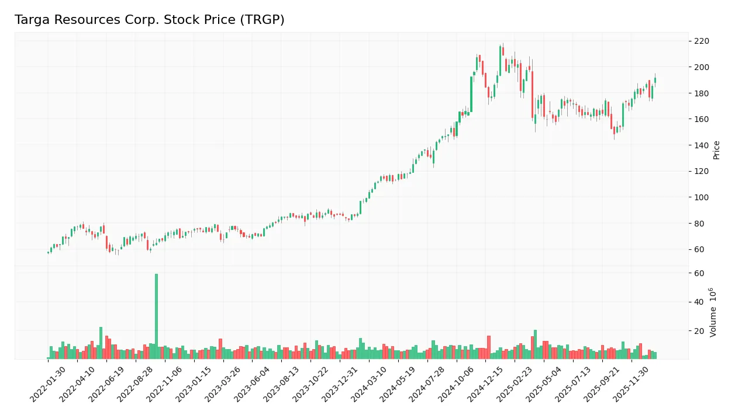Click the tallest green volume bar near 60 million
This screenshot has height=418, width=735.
pos(156,316)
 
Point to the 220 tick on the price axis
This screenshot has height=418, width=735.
pos(701,41)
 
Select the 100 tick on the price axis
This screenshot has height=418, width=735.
pos(701,197)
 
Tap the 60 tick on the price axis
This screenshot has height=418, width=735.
pos(699,249)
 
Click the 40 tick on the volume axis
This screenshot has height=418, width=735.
pos(699,302)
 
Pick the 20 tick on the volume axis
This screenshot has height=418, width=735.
pos(699,330)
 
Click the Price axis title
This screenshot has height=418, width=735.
pos(716,150)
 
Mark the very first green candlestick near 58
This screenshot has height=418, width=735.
pos(48,252)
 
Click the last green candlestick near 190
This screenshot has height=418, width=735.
pos(655,80)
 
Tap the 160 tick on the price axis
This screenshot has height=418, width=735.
pos(701,119)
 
